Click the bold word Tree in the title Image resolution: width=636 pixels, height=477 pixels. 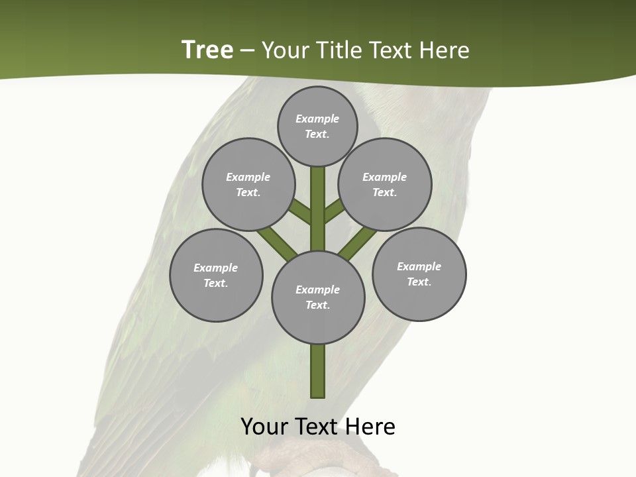[x=207, y=50]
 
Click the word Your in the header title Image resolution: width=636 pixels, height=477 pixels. [x=284, y=50]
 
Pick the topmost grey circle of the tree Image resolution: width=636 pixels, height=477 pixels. [x=317, y=127]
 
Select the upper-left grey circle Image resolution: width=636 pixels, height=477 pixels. [x=248, y=185]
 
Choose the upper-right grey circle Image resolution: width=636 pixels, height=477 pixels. [x=385, y=185]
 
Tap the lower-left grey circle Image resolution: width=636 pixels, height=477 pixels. [x=216, y=276]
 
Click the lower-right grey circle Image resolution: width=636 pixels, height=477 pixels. [x=419, y=274]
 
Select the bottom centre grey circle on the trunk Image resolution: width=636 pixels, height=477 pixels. [x=318, y=297]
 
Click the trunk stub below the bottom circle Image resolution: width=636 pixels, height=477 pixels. [x=318, y=371]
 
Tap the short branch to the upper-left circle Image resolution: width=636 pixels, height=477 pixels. [x=301, y=212]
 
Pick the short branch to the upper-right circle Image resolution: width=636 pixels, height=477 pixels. [x=335, y=211]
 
